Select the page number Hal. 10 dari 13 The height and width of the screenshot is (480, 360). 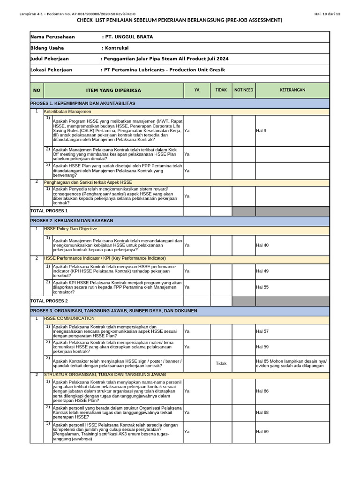coord(327,14)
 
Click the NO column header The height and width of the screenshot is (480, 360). coord(37,90)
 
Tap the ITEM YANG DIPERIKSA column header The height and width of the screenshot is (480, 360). coord(113,90)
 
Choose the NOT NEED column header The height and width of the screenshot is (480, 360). coord(244,90)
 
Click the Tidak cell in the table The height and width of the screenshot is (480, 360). coord(221,363)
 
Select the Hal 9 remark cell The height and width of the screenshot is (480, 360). coord(261,131)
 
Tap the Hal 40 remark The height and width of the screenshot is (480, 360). coord(262,245)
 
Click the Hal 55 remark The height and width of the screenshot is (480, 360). coord(262,287)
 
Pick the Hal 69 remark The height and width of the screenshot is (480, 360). coord(262,431)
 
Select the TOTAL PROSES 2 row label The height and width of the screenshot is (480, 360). coord(49,301)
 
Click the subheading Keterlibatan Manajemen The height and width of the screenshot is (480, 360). coord(67,112)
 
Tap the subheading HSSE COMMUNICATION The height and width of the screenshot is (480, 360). coord(69,319)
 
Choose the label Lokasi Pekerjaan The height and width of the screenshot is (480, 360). coord(52,70)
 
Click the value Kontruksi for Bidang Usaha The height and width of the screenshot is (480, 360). coord(115,48)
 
